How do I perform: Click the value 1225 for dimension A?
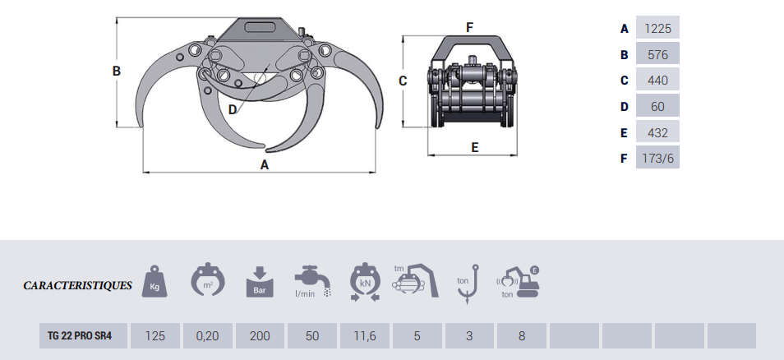(x=657, y=29)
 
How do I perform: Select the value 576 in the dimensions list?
(x=657, y=54)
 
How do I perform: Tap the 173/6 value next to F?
(x=657, y=159)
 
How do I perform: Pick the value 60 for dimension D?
(x=657, y=107)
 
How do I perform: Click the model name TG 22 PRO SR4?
(x=80, y=335)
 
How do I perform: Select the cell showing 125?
(x=155, y=335)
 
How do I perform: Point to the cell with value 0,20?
(x=207, y=335)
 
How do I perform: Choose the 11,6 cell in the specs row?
(x=365, y=335)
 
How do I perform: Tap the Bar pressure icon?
(x=260, y=283)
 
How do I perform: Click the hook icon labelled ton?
(x=468, y=284)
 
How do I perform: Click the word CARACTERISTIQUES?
(x=77, y=285)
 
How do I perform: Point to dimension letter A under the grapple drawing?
(x=265, y=164)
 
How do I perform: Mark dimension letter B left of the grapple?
(x=117, y=71)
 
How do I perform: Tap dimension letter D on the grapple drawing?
(x=233, y=109)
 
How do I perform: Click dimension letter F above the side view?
(x=469, y=27)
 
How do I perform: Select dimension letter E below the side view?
(x=474, y=147)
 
